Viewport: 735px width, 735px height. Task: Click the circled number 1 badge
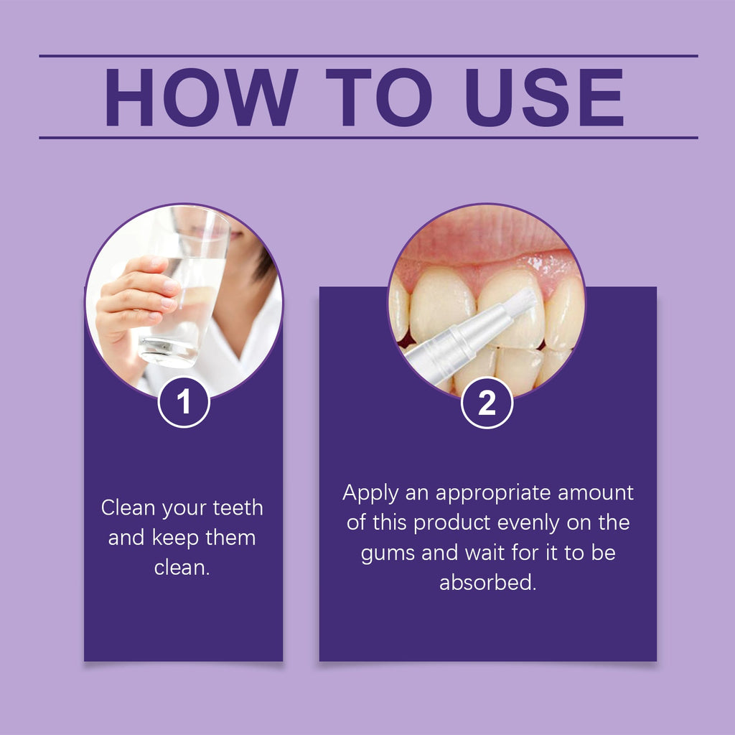pos(184,403)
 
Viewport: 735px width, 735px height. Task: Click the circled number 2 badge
pos(487,403)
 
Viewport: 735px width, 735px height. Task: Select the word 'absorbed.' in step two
pos(487,582)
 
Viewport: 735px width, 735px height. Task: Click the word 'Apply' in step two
pos(369,493)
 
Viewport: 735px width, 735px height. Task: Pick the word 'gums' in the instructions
pos(388,553)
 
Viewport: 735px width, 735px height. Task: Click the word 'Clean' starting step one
pos(128,508)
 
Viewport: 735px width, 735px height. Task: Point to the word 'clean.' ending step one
pos(182,568)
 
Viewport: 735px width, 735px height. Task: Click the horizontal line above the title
pos(367,56)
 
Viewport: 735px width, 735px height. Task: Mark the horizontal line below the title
pos(367,137)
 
